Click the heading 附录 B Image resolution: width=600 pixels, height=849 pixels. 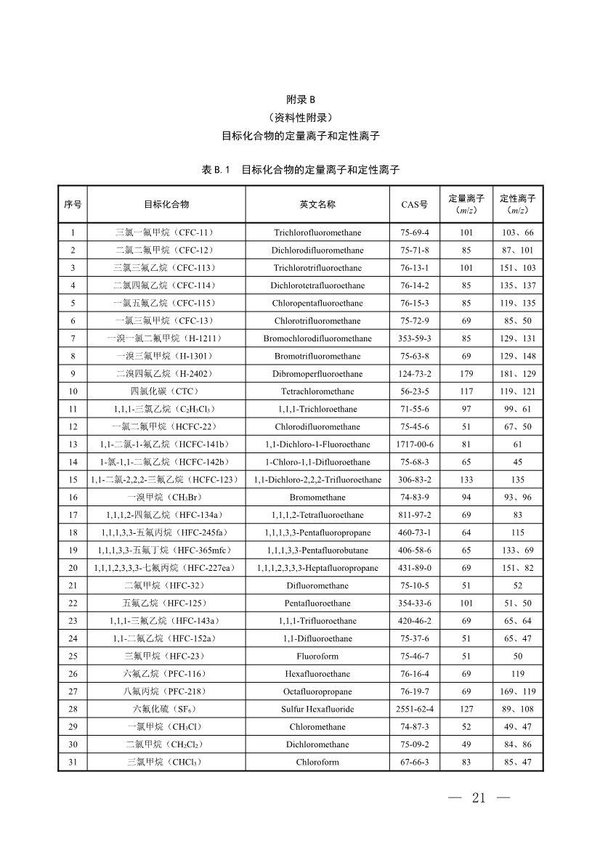point(300,99)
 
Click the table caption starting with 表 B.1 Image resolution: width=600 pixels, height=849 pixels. point(300,170)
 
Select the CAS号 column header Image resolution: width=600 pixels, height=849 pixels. point(415,204)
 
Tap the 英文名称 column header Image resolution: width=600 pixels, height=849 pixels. point(317,204)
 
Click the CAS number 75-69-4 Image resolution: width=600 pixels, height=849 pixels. point(415,232)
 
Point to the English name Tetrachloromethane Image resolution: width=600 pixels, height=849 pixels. point(317,391)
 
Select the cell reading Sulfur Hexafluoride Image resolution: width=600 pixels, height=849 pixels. point(317,709)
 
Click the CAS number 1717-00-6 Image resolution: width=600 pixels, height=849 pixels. point(415,444)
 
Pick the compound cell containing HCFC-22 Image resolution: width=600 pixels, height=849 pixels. point(166,427)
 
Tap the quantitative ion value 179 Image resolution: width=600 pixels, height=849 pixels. point(466,374)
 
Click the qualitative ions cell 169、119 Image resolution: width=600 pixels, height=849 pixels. point(518,691)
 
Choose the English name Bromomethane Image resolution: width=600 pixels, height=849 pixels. point(317,497)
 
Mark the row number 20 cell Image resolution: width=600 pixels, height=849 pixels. point(73,568)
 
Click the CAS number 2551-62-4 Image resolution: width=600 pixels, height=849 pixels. point(415,709)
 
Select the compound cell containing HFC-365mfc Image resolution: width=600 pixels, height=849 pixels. point(166,551)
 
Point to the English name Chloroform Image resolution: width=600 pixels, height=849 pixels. point(317,762)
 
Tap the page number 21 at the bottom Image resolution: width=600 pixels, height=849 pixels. point(479,798)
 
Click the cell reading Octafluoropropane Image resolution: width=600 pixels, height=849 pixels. point(317,691)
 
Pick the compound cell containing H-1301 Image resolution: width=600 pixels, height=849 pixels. point(166,356)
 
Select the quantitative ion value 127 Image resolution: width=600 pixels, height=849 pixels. point(466,709)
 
